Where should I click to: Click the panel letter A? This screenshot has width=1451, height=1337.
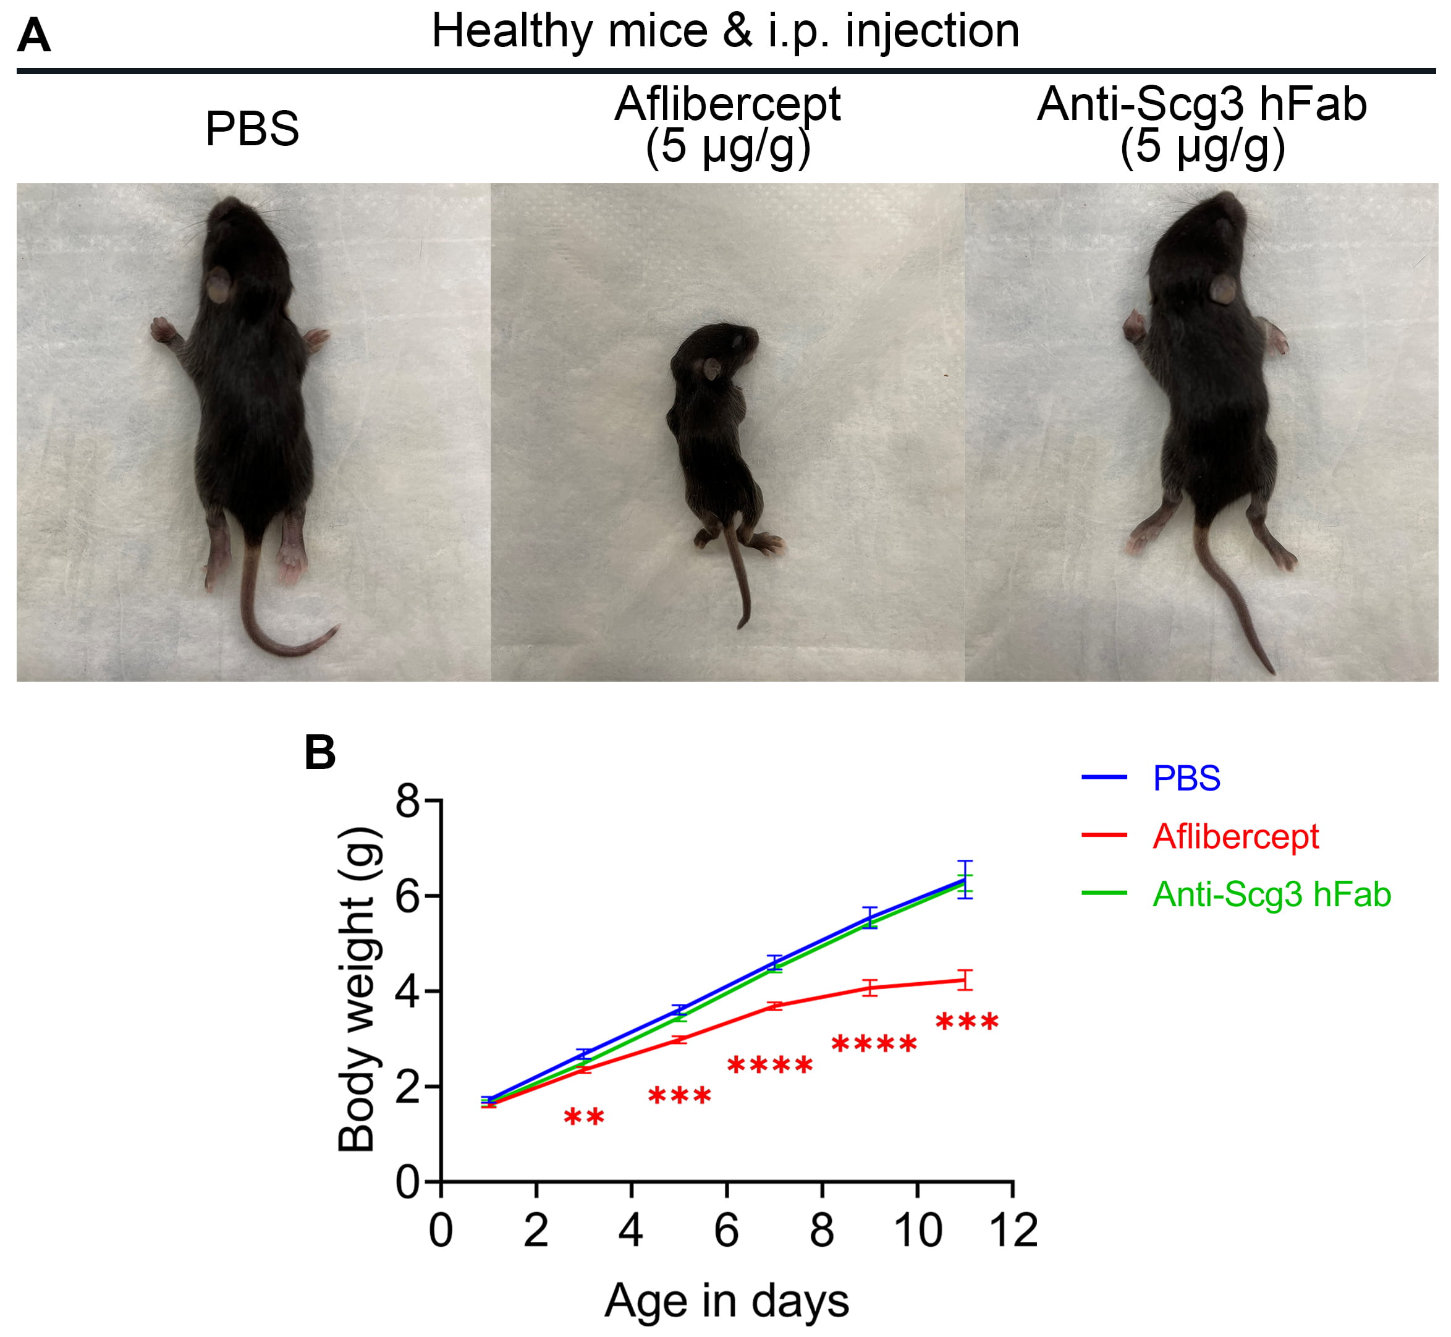coord(33,36)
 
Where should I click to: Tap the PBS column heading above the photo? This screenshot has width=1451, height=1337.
coord(252,129)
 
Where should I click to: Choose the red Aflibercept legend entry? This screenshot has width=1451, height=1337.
coord(1235,836)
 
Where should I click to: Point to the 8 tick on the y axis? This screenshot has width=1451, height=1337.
coord(408,802)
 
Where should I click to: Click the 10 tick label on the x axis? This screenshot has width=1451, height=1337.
coord(917,1231)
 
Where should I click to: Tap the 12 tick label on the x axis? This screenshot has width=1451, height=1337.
coord(1013,1231)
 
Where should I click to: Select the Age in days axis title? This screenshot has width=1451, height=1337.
coord(726,1301)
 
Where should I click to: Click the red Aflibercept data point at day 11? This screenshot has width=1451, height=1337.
coord(965,980)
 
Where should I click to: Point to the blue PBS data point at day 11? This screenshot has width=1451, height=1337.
coord(965,880)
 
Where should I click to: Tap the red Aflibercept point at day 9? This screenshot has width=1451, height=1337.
coord(870,988)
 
